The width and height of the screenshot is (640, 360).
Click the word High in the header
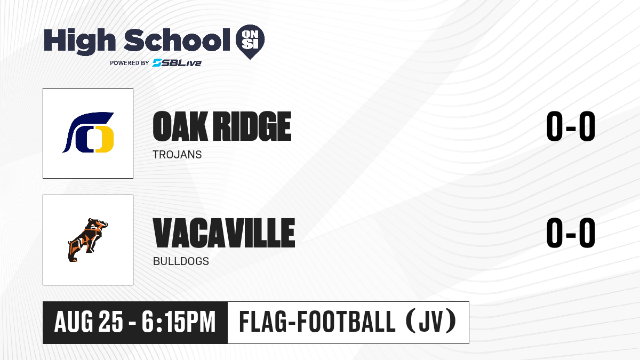79,42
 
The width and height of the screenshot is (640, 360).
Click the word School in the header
177,40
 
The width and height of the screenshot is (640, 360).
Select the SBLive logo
177,63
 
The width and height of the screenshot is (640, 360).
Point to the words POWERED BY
130,63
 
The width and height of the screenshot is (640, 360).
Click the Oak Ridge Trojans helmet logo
88,132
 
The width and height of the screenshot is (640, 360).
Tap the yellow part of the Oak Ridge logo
105,139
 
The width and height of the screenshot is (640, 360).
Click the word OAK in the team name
180,126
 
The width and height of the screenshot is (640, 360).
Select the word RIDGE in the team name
253,126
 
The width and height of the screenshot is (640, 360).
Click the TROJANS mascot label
177,155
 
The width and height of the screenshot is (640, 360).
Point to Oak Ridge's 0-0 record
571,126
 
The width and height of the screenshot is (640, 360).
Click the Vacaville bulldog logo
88,240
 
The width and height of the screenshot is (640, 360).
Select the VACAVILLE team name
223,233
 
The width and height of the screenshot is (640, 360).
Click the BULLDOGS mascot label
181,261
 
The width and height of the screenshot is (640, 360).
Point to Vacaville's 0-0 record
571,233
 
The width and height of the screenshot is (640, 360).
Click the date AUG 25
89,322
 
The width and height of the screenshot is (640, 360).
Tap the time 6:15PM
179,322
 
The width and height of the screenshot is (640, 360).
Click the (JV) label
431,322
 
